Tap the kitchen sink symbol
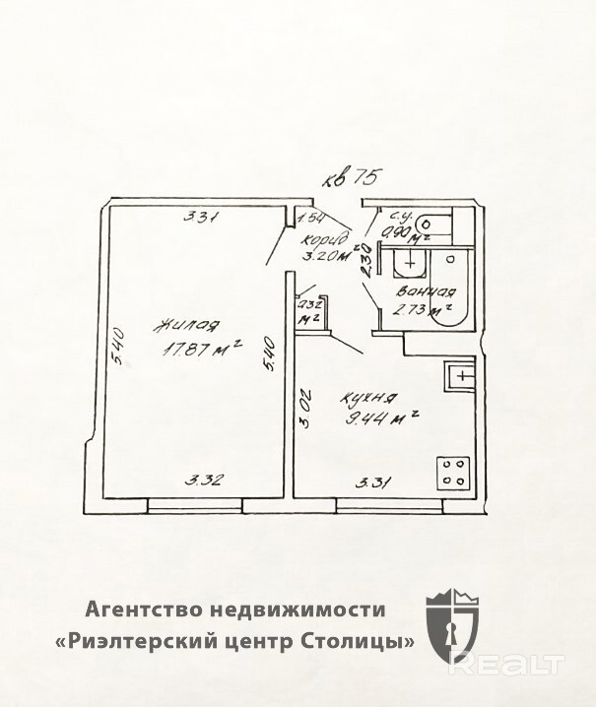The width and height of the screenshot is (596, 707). [x=461, y=374]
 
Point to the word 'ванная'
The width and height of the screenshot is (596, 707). [x=425, y=291]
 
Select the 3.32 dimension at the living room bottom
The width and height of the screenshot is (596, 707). [x=207, y=480]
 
